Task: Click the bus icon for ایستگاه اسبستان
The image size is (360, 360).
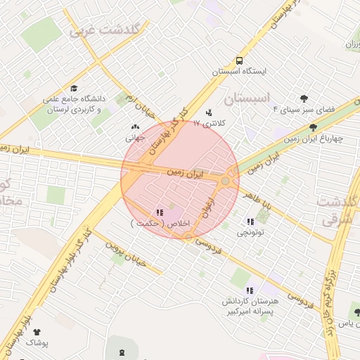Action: tap(240, 60)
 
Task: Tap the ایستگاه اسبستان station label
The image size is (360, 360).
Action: tap(240, 72)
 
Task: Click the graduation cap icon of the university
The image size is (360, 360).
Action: tap(73, 89)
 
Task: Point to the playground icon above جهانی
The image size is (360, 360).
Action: tap(135, 127)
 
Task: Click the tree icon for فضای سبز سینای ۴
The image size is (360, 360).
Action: tap(304, 99)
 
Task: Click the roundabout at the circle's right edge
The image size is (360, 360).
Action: tap(226, 181)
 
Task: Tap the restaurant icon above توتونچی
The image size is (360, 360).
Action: tap(251, 221)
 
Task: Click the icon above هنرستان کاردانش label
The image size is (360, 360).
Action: tap(249, 290)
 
